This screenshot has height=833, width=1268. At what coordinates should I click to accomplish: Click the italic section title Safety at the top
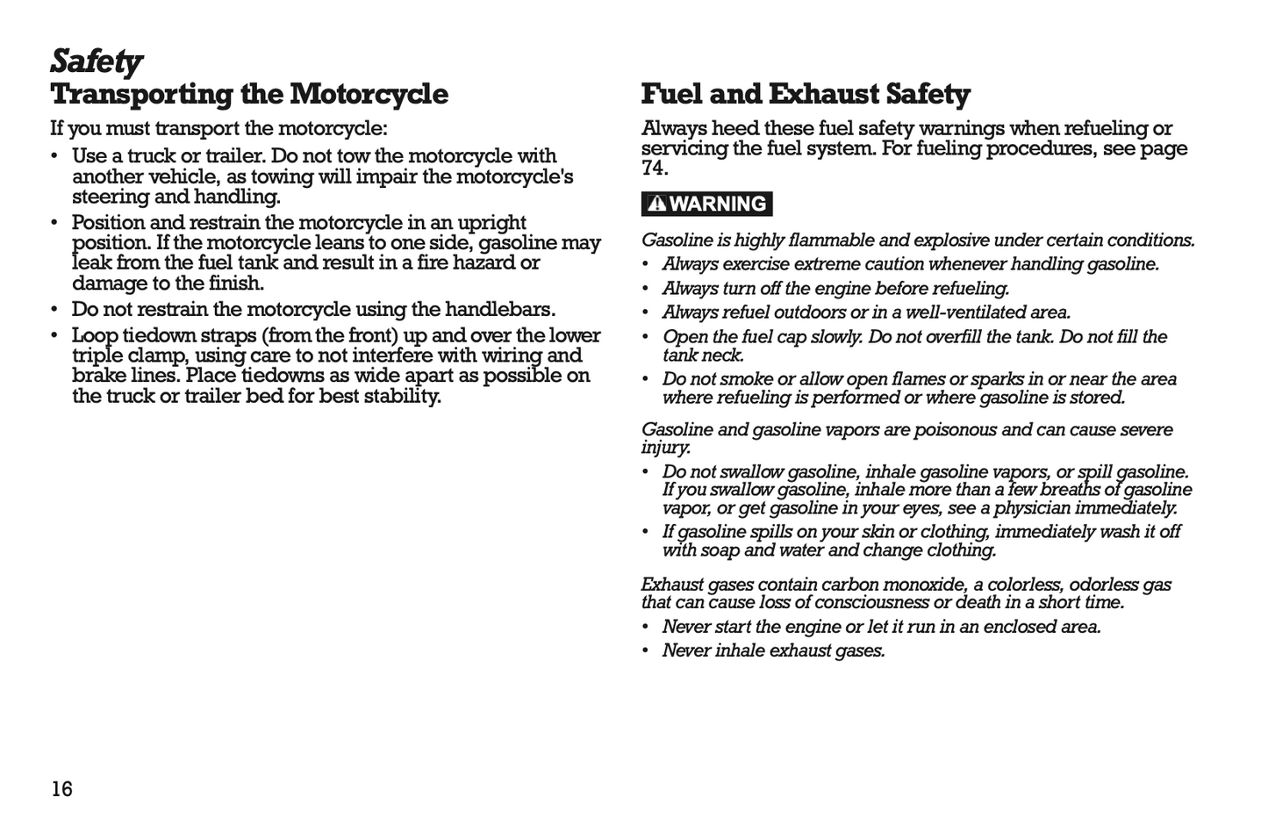click(x=96, y=61)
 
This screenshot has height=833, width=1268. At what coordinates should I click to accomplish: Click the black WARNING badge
click(x=707, y=204)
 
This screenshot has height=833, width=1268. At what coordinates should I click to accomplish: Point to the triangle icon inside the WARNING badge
click(x=656, y=204)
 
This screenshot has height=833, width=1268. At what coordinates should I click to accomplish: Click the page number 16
click(x=61, y=789)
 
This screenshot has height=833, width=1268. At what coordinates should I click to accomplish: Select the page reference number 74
click(x=654, y=168)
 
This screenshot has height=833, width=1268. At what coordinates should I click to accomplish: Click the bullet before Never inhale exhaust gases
click(x=646, y=651)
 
